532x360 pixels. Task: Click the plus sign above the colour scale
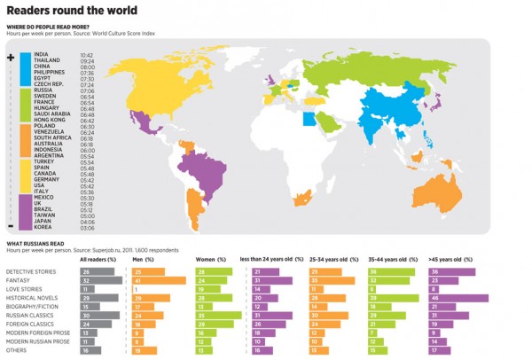click(x=11, y=57)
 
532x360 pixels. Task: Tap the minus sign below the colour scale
click(x=11, y=225)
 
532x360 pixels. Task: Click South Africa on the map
click(x=305, y=196)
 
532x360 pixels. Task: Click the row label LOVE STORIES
click(x=23, y=289)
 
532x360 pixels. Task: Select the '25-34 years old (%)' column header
click(x=332, y=259)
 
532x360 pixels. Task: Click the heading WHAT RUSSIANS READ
click(x=36, y=242)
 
